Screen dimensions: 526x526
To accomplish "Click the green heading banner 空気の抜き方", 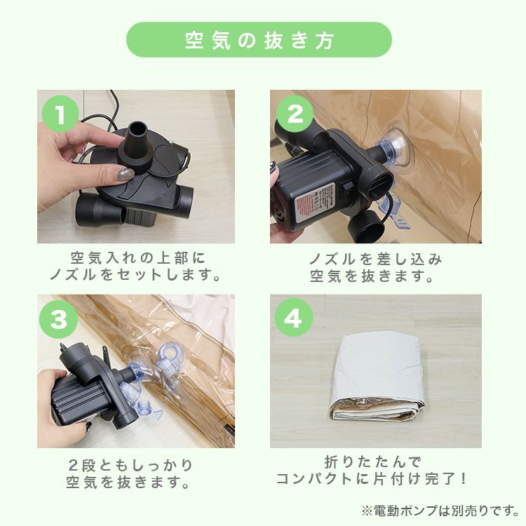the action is [259, 39].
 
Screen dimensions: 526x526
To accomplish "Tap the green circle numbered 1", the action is [60, 114].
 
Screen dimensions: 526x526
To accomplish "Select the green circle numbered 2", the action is [295, 114].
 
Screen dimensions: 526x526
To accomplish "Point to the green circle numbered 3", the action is [59, 319].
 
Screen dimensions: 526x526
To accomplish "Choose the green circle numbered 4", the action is [294, 317].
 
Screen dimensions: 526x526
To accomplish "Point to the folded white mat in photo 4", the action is [377, 379].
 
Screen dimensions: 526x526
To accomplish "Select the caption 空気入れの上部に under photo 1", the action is [137, 258].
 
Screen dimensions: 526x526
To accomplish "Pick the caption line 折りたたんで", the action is [372, 462].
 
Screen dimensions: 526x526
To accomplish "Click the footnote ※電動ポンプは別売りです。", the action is [440, 511].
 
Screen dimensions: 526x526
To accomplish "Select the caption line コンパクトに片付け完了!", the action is [372, 479].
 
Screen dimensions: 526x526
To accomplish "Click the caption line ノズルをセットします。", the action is [135, 275].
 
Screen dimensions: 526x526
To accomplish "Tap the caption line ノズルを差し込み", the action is [376, 259].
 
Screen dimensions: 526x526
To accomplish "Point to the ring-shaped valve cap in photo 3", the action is [170, 350].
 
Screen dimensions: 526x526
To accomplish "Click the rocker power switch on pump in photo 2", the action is [347, 189].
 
